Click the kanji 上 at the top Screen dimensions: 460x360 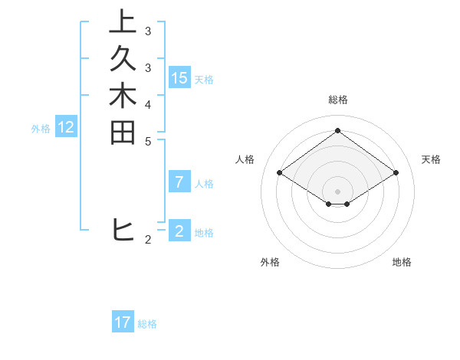click(x=123, y=21)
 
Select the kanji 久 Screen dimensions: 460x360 click(x=123, y=58)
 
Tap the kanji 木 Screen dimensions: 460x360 click(x=123, y=95)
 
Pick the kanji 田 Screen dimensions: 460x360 click(x=123, y=132)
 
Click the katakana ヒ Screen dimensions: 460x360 click(x=123, y=229)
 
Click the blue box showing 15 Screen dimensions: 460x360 click(x=179, y=77)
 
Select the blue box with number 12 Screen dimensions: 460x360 click(x=66, y=128)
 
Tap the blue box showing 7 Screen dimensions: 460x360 click(x=179, y=182)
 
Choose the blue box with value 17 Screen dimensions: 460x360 click(x=123, y=322)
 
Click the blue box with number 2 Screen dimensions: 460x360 click(x=179, y=231)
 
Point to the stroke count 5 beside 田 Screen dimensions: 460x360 click(x=147, y=141)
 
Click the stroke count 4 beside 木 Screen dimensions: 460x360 click(x=147, y=104)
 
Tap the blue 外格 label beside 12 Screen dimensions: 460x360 click(x=41, y=129)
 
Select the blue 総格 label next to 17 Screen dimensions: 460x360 click(x=147, y=324)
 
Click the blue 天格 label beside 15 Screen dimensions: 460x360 click(x=204, y=79)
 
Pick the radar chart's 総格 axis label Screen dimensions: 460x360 click(x=337, y=100)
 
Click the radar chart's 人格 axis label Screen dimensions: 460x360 click(x=245, y=159)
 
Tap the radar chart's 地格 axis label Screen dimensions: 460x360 click(x=402, y=262)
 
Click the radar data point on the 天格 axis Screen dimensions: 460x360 click(x=396, y=173)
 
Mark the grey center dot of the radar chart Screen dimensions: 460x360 click(x=337, y=191)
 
